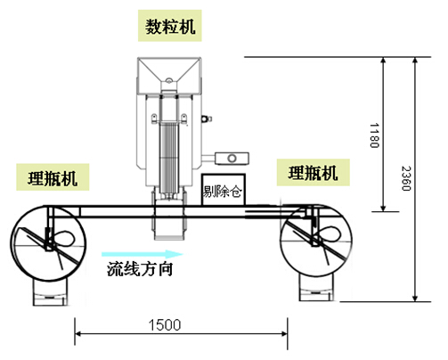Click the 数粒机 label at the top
tap(170, 26)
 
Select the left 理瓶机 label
tap(53, 177)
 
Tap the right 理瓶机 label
tap(314, 173)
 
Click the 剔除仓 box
tap(224, 190)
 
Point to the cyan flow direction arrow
tap(143, 254)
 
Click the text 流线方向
tap(140, 269)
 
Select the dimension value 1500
tap(165, 325)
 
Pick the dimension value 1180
tap(374, 135)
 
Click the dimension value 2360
tap(406, 178)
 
